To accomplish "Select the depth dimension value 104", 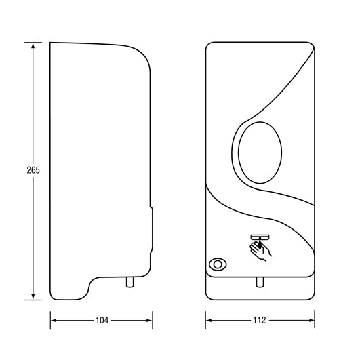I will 101,319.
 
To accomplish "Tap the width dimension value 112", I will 260,319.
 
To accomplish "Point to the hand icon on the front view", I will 261,251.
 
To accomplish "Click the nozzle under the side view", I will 127,281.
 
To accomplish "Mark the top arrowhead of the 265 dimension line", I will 32,46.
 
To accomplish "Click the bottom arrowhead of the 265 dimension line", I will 32,296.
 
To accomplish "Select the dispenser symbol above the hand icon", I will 260,237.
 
